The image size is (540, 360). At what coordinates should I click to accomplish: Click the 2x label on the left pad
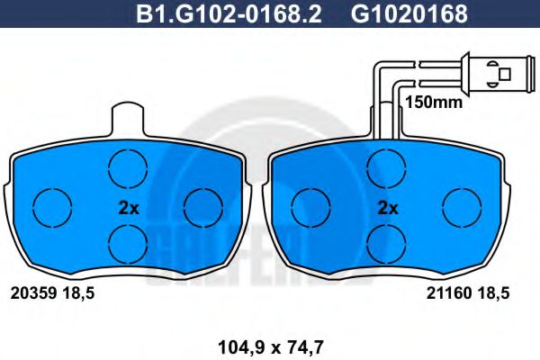(129, 207)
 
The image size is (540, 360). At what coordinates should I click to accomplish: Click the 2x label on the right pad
(388, 207)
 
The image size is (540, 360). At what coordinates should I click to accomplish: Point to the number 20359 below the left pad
(33, 292)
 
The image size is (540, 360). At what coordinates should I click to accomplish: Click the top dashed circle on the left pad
(127, 166)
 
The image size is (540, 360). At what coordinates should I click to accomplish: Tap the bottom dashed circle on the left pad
(127, 241)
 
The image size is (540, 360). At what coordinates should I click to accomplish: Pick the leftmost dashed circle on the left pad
(51, 207)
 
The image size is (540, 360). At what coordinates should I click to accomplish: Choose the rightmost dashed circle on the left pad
(203, 207)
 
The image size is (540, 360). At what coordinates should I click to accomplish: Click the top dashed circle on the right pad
(386, 166)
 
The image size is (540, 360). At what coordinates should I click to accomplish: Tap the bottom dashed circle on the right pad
(386, 241)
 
